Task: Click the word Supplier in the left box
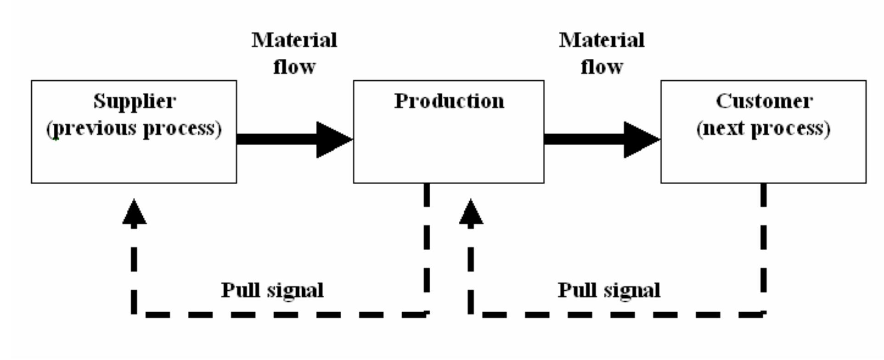pos(134,101)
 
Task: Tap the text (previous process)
pos(134,129)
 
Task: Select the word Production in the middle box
pos(449,101)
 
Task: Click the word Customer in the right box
pos(764,101)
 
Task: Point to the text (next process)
pos(763,129)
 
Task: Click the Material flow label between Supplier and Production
pos(294,53)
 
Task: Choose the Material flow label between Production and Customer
pos(601,53)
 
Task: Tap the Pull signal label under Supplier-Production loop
pos(272,290)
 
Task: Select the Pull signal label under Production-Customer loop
pos(609,290)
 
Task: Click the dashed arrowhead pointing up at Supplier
pos(134,214)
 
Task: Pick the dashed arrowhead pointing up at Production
pos(471,214)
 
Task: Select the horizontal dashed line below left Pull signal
pos(280,315)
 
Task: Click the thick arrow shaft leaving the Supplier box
pos(276,139)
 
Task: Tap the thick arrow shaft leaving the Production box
pos(583,139)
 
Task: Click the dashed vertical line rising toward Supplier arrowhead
pos(134,271)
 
